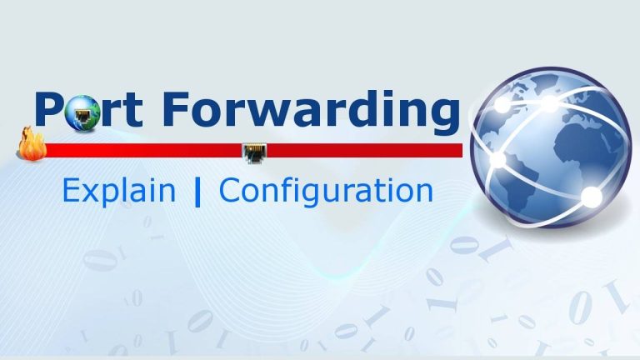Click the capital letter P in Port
49,111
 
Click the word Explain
118,192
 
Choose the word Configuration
326,192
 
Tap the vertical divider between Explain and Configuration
197,192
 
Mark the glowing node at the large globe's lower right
591,197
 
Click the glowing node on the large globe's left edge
497,158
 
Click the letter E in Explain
70,191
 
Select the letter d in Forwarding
357,111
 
